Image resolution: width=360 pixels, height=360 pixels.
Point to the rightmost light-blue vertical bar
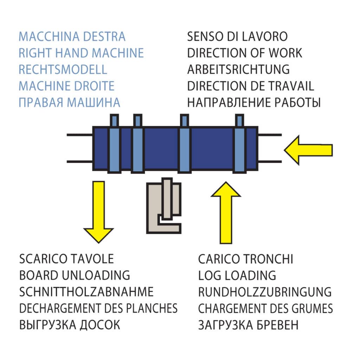tap(239, 148)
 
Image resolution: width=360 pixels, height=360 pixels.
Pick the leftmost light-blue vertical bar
tap(114, 148)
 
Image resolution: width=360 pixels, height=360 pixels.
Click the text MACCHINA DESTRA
tap(72, 37)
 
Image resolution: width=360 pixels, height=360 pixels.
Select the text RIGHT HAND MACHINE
tap(81, 53)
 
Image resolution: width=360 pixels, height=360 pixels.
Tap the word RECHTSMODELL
tap(63, 70)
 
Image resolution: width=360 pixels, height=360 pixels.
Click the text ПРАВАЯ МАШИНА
tap(69, 103)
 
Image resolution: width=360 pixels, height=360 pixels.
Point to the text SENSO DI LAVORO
tap(237, 37)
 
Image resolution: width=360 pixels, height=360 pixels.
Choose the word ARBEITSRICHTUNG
tap(238, 70)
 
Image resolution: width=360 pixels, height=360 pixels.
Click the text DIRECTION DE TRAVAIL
tap(251, 86)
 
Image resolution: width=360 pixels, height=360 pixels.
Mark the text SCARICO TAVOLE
tap(67, 259)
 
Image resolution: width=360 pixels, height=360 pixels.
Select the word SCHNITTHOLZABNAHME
tap(86, 292)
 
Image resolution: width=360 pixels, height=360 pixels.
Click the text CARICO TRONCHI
tap(245, 259)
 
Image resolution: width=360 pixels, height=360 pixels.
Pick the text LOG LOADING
tap(237, 276)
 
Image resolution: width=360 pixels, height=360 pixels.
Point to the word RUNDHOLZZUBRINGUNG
tap(265, 292)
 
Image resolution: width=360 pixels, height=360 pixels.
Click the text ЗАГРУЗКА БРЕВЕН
tap(248, 325)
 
